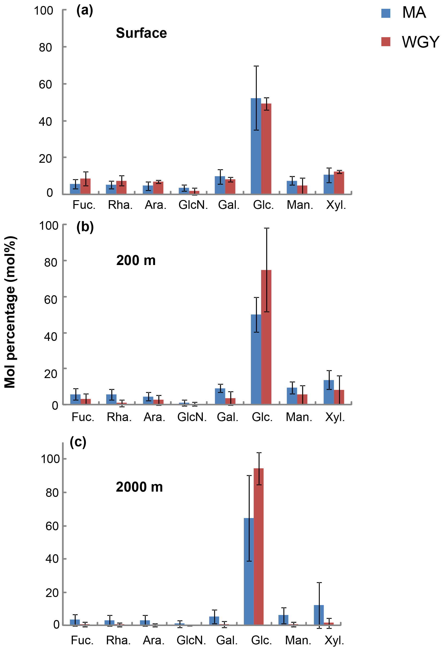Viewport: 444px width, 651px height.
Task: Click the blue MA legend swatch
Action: pyautogui.click(x=386, y=13)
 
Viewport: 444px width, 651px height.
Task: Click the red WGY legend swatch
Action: pyautogui.click(x=386, y=42)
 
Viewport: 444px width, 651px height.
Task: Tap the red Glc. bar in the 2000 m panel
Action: pyautogui.click(x=258, y=546)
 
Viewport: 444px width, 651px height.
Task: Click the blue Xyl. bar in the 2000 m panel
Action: pyautogui.click(x=318, y=615)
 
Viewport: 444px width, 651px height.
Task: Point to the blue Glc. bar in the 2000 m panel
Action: pyautogui.click(x=248, y=572)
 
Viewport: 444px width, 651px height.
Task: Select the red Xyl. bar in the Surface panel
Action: pyautogui.click(x=339, y=183)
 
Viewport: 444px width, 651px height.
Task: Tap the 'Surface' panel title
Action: pyautogui.click(x=141, y=33)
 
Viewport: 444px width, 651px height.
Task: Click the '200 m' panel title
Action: pyautogui.click(x=136, y=260)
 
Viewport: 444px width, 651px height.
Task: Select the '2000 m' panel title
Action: pyautogui.click(x=139, y=487)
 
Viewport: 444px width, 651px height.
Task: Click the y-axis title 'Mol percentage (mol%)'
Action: pyautogui.click(x=10, y=312)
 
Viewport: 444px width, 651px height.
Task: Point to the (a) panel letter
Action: pyautogui.click(x=84, y=11)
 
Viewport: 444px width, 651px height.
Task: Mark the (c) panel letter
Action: pyautogui.click(x=78, y=442)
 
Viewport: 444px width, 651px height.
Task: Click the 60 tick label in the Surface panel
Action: pyautogui.click(x=45, y=84)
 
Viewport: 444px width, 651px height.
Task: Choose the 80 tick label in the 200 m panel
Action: pyautogui.click(x=51, y=262)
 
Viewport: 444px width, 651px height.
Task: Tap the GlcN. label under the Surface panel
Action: pyautogui.click(x=193, y=205)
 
